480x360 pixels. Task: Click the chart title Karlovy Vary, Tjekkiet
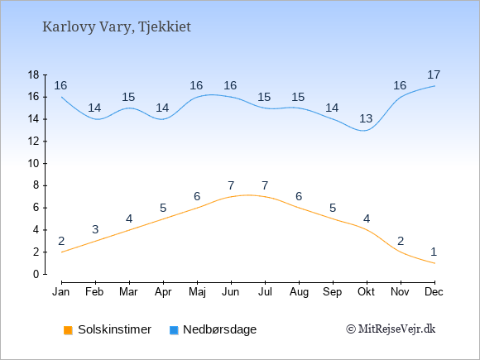117,27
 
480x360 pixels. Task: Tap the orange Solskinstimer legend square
68,330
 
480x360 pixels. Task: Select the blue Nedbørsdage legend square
174,330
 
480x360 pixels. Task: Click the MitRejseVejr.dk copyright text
391,329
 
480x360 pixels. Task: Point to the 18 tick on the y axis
33,74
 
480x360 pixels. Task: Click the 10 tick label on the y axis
33,164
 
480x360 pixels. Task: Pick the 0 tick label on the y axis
36,274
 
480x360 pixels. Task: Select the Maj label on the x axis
197,292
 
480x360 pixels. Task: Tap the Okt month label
366,292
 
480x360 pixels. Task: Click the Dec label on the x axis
434,292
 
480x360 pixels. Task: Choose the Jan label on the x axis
61,292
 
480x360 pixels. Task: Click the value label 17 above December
434,74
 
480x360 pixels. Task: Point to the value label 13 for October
366,118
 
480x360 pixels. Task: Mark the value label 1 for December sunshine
434,252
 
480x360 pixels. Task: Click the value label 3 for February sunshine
95,229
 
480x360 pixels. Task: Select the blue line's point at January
62,97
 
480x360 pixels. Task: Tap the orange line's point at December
434,263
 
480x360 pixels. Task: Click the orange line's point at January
62,252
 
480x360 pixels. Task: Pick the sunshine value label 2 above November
401,241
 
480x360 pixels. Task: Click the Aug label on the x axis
299,292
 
